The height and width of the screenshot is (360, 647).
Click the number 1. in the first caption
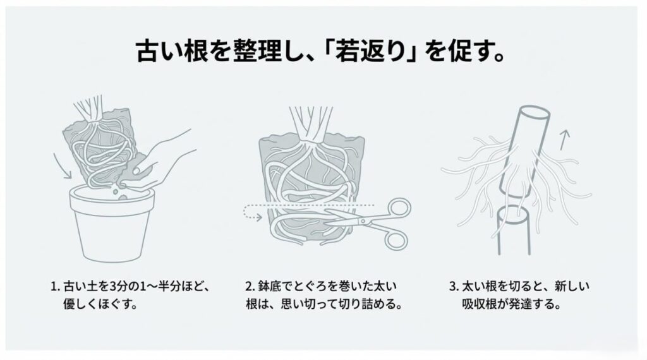55,286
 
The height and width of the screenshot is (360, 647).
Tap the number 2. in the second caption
249,286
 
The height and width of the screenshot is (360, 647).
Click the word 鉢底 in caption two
270,286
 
